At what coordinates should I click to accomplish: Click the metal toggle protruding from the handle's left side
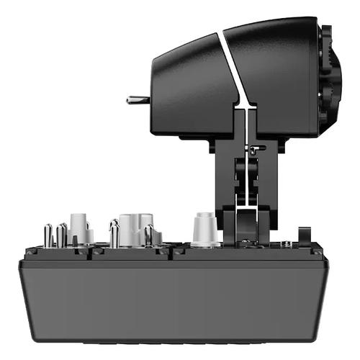pyautogui.click(x=137, y=99)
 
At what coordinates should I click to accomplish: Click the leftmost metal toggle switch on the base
pyautogui.click(x=48, y=235)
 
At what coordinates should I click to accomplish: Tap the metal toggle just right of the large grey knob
pyautogui.click(x=149, y=235)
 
